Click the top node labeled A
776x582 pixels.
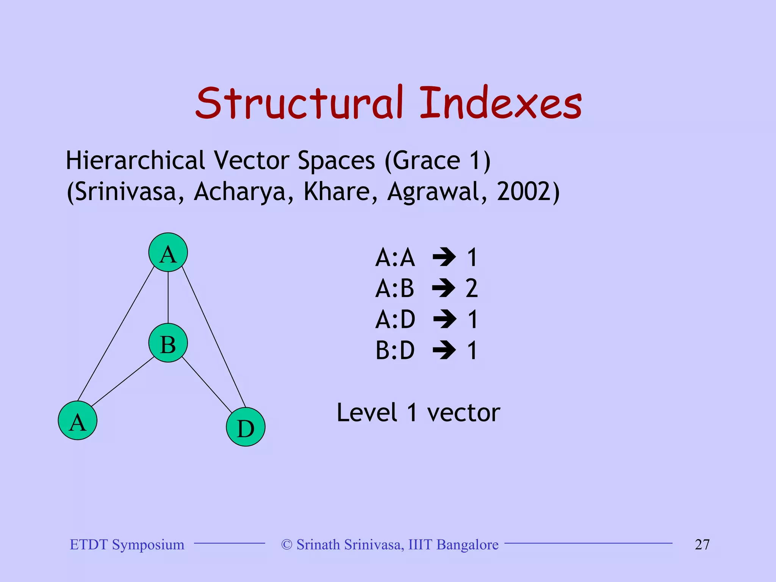(x=168, y=252)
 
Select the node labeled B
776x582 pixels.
(x=168, y=343)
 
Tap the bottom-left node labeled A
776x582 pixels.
(x=78, y=421)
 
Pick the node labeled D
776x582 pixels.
(x=246, y=427)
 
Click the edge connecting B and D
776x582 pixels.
(x=207, y=385)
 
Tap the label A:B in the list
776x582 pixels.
(x=395, y=288)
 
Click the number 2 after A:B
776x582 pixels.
(x=472, y=288)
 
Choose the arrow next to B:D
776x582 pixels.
(x=444, y=350)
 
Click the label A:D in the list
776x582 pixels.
(x=395, y=319)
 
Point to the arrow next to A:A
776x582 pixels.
(x=444, y=257)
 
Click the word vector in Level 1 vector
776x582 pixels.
(x=463, y=413)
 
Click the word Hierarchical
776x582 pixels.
(x=135, y=160)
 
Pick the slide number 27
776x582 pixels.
(x=702, y=544)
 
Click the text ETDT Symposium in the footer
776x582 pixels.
(x=127, y=544)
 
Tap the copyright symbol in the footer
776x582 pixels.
(x=287, y=544)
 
